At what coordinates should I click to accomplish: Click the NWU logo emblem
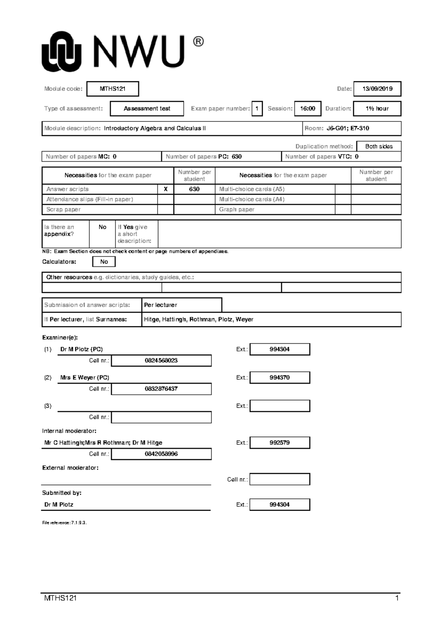(61, 52)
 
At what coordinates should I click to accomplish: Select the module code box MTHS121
(112, 89)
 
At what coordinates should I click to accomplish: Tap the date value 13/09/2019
(377, 89)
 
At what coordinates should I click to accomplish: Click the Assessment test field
(147, 109)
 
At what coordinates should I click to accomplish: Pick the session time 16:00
(308, 109)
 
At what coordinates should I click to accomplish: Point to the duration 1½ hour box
(377, 109)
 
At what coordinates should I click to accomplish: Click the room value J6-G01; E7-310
(348, 128)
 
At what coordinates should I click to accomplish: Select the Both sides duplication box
(379, 146)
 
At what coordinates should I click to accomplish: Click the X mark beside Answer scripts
(165, 189)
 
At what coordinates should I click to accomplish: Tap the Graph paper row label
(237, 209)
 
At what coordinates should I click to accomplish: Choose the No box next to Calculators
(104, 262)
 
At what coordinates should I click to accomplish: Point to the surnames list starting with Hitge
(198, 319)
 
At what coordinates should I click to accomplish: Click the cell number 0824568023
(161, 361)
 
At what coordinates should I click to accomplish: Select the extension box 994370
(280, 377)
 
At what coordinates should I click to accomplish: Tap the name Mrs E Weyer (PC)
(85, 377)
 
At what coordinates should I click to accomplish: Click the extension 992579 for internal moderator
(280, 443)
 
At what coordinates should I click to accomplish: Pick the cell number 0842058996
(161, 454)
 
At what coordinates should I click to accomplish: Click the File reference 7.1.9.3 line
(64, 523)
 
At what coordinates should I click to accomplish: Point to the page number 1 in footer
(397, 598)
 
